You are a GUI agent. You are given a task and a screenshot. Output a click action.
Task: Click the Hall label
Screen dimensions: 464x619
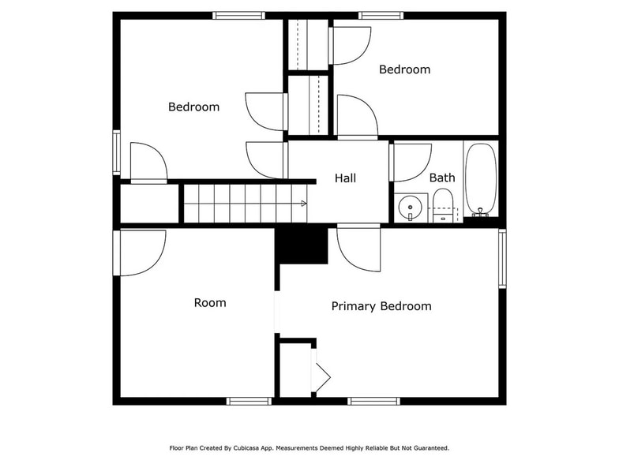[345, 178]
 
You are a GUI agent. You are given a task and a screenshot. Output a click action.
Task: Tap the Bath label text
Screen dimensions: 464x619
[441, 178]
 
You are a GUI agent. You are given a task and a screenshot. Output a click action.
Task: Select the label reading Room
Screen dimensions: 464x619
[210, 303]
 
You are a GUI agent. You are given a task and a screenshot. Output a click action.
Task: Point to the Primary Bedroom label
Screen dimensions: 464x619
[381, 306]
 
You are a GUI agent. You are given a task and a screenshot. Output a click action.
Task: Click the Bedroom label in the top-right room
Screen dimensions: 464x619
[404, 69]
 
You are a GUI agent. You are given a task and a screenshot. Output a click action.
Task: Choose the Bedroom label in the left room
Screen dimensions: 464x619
[193, 107]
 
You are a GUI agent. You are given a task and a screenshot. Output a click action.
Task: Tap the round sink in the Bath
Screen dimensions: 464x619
[410, 208]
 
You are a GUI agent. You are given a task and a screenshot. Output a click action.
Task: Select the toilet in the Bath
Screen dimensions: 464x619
[444, 205]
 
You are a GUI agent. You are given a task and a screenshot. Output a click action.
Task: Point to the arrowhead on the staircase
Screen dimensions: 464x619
[303, 203]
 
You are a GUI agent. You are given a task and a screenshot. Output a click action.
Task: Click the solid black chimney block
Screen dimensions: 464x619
[302, 245]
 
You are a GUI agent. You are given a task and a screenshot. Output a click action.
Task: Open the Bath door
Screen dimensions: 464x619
[411, 161]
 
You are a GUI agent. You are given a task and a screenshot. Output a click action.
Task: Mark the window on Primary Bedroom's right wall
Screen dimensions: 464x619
[502, 259]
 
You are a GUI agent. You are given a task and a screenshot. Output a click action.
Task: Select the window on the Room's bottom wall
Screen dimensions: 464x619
[249, 401]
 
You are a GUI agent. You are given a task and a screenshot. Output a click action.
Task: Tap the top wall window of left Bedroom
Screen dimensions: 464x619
[238, 15]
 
